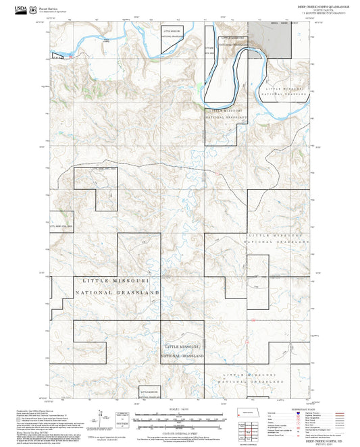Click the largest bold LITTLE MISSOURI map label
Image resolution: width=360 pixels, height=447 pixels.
click(116, 280)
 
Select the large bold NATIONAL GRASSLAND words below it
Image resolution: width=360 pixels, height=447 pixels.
click(117, 292)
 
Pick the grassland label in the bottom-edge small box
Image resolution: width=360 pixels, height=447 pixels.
click(150, 392)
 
